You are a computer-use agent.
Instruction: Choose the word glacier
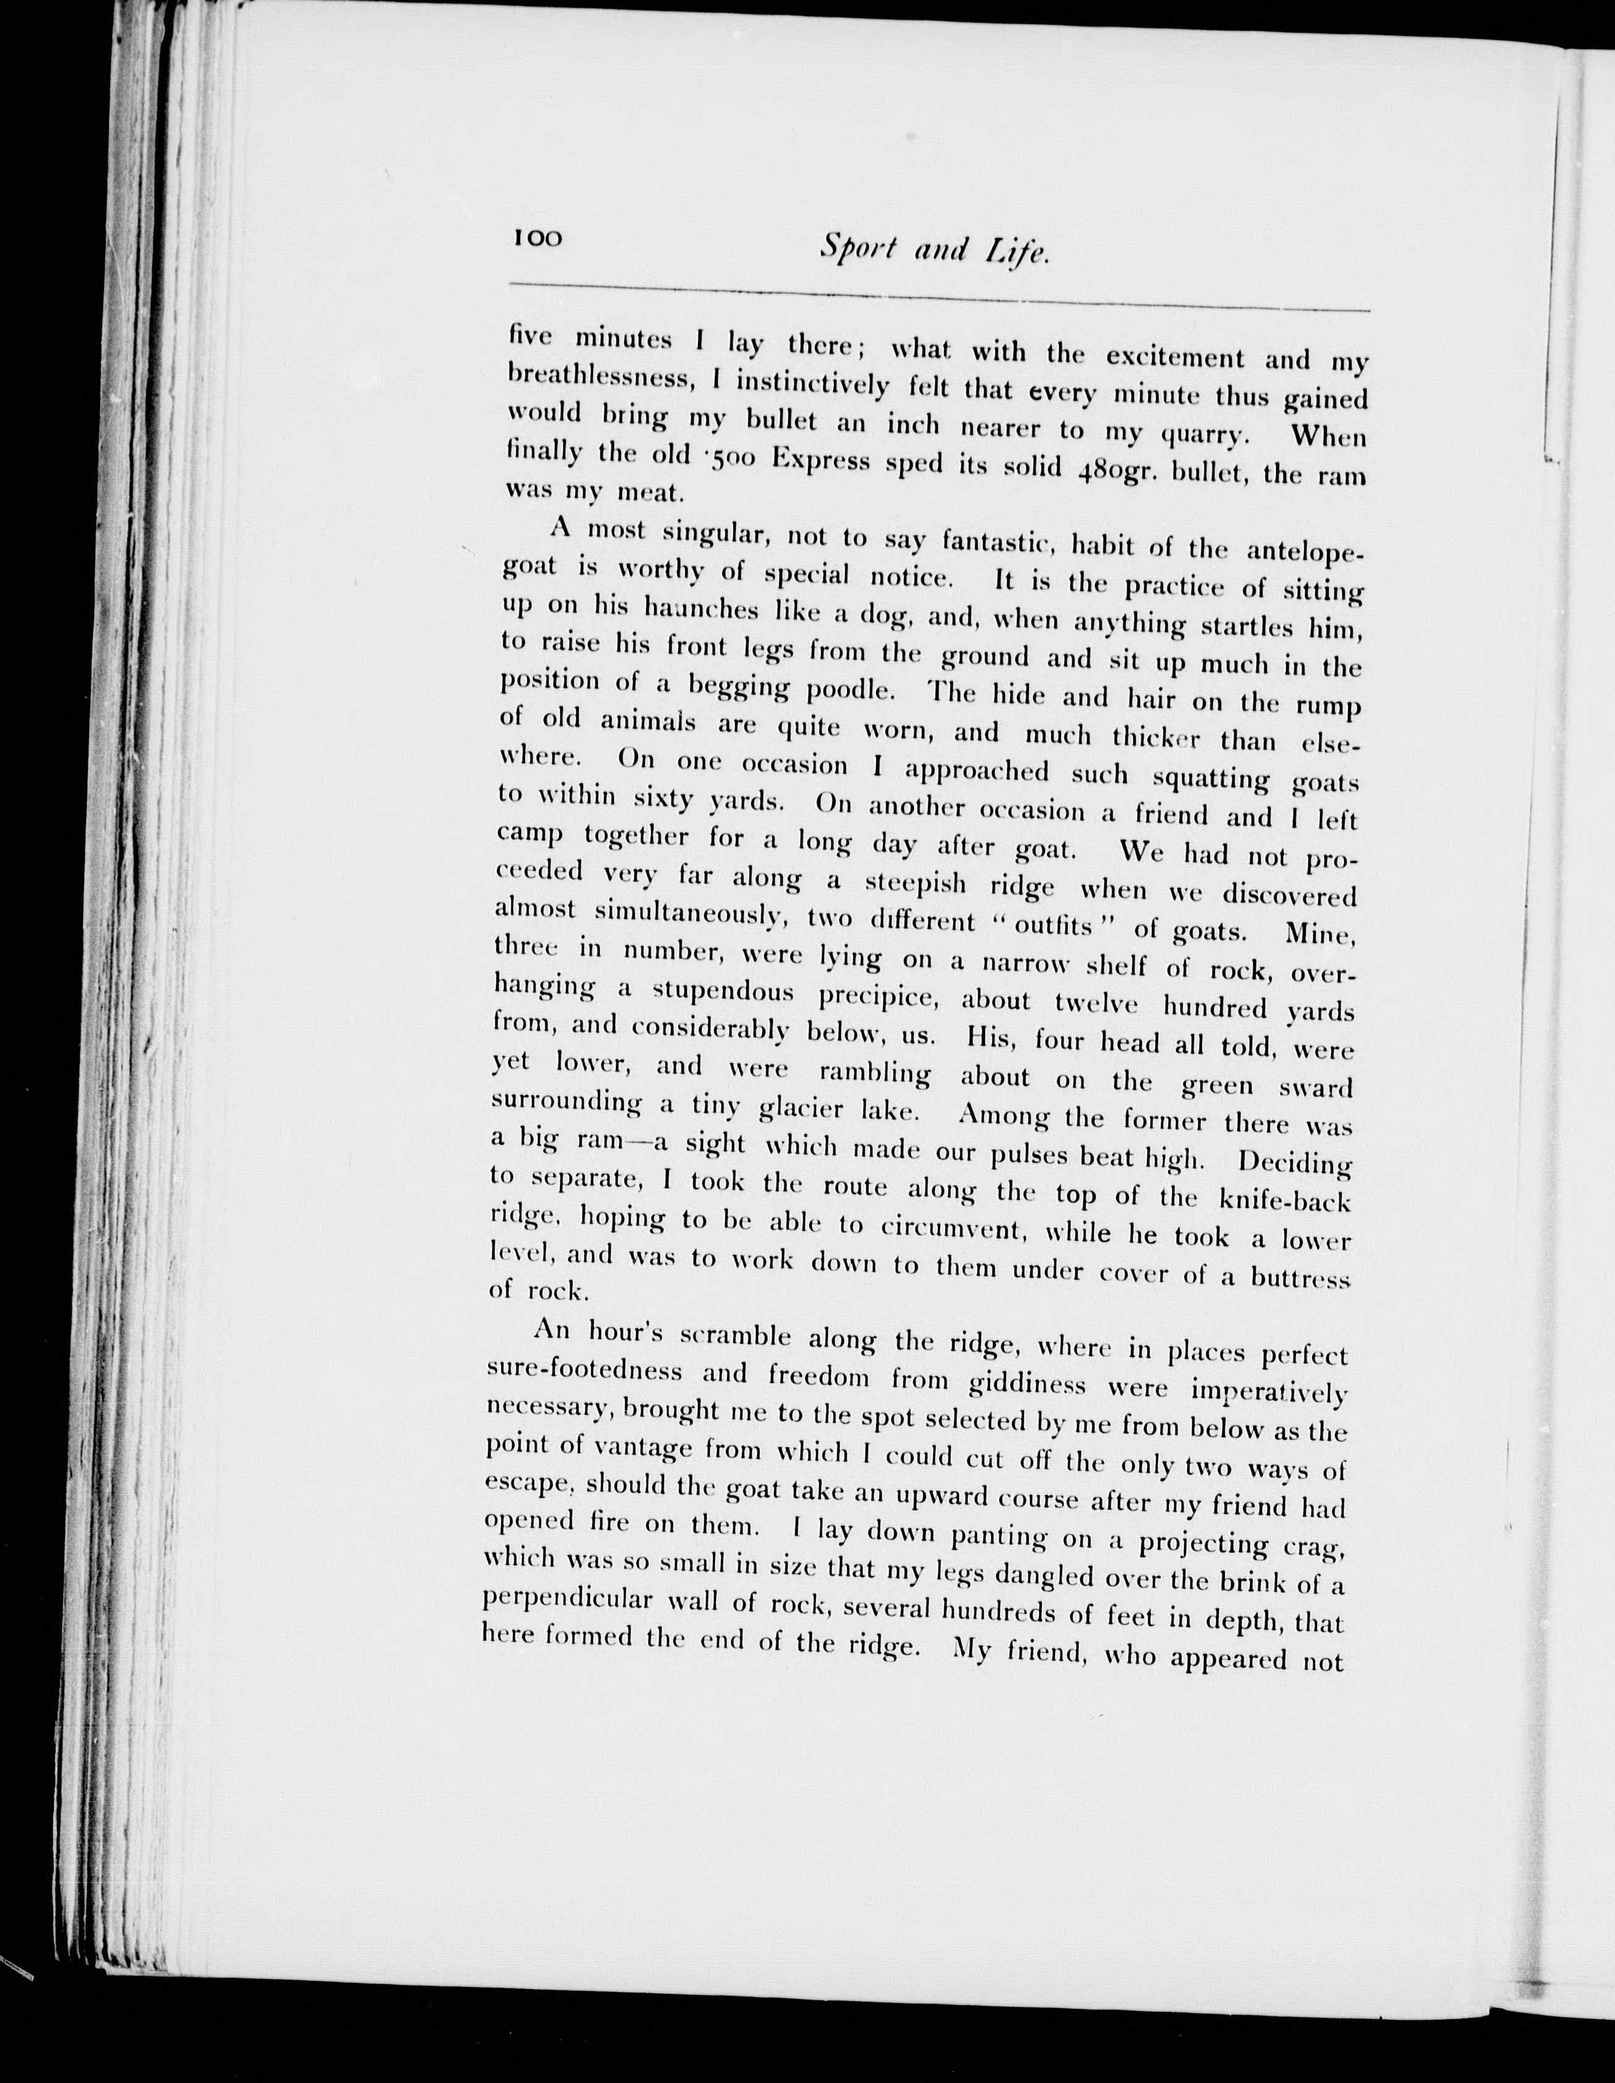(804, 1109)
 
